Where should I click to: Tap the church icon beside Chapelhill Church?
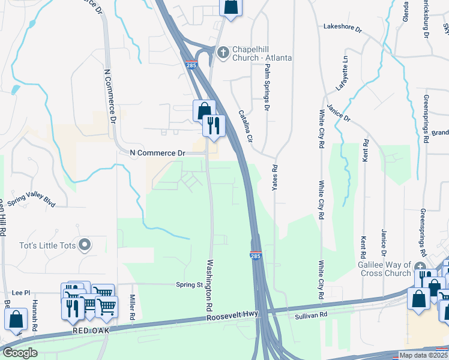click(x=223, y=52)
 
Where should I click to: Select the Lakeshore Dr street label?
click(x=343, y=28)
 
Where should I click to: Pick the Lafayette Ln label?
click(x=342, y=73)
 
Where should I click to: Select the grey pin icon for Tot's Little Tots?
click(x=85, y=244)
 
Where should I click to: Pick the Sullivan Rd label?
click(x=311, y=314)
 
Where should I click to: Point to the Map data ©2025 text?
click(x=423, y=355)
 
